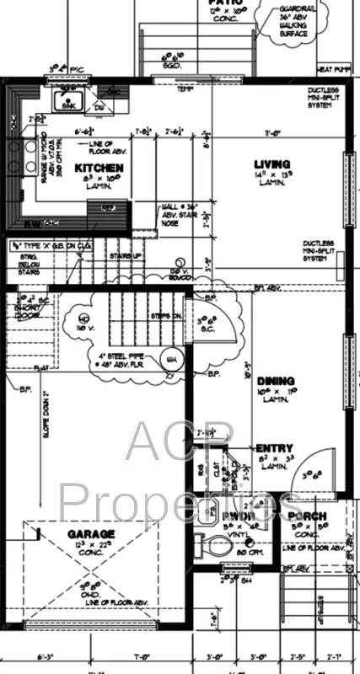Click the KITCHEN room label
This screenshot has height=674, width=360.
pos(99,168)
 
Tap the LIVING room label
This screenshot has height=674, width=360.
pos(272,163)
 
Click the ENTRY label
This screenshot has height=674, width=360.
pos(273,447)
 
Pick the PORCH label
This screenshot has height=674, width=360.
pos(307,516)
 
